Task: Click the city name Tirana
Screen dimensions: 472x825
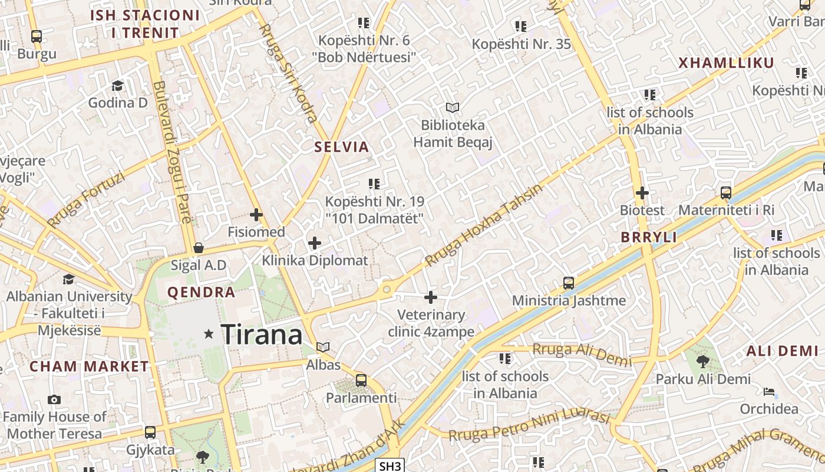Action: (261, 335)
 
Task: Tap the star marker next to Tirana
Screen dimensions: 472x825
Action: (209, 334)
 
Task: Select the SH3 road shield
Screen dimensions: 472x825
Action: (390, 466)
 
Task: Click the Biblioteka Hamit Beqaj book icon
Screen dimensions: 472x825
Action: (452, 108)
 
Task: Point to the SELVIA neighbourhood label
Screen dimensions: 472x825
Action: (342, 147)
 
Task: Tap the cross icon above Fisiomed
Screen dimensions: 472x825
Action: (256, 215)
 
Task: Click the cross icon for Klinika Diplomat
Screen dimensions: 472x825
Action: (315, 242)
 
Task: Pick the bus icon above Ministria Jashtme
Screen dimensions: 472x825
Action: (569, 283)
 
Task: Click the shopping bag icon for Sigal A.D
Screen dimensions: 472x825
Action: (199, 248)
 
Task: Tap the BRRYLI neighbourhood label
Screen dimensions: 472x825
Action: (649, 237)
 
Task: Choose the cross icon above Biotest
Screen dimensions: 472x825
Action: (642, 193)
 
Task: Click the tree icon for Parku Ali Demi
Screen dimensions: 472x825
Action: (702, 361)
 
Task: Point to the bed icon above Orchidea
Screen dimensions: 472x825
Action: (769, 392)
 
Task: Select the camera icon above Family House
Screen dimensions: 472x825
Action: (54, 399)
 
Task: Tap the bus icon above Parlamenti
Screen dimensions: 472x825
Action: (361, 381)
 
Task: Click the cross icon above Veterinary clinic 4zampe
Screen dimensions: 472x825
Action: (431, 297)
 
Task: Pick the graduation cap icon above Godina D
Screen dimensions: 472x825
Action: (117, 86)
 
